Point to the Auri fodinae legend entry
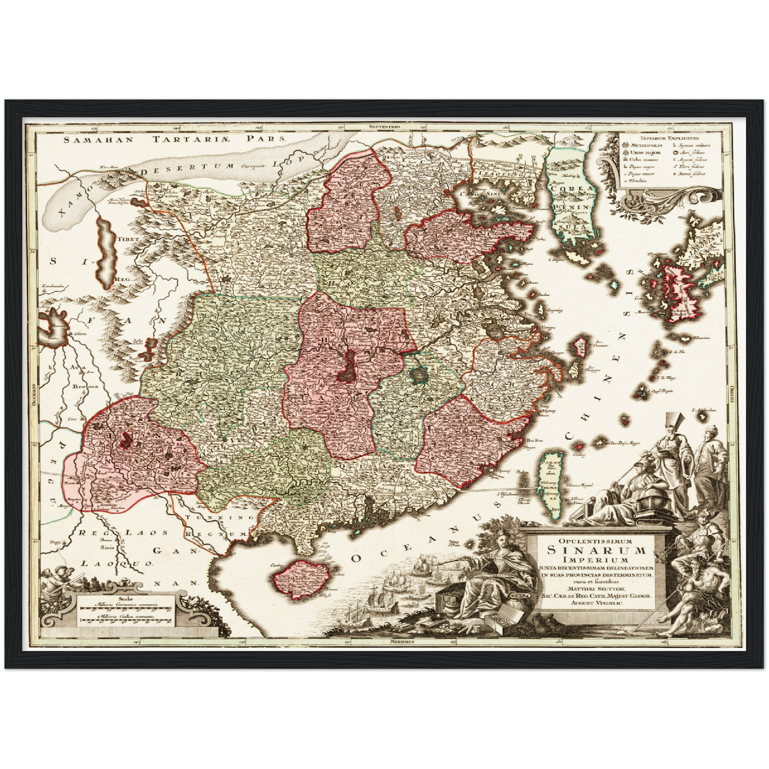[x=689, y=152]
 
